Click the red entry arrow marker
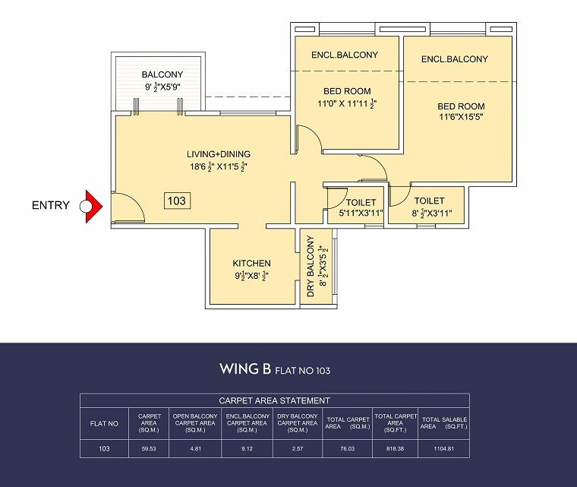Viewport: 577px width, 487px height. click(93, 205)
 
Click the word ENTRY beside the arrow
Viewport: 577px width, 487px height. click(50, 205)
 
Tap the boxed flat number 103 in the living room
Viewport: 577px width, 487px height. click(177, 201)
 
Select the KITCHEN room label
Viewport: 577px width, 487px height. click(252, 264)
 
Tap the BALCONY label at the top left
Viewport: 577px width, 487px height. click(162, 74)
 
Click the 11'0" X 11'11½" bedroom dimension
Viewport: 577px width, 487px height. click(347, 103)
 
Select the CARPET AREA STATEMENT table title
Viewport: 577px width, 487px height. click(274, 400)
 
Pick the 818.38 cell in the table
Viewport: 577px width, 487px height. click(395, 448)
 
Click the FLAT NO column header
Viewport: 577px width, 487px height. click(104, 423)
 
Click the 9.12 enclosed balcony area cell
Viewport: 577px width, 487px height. click(246, 448)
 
